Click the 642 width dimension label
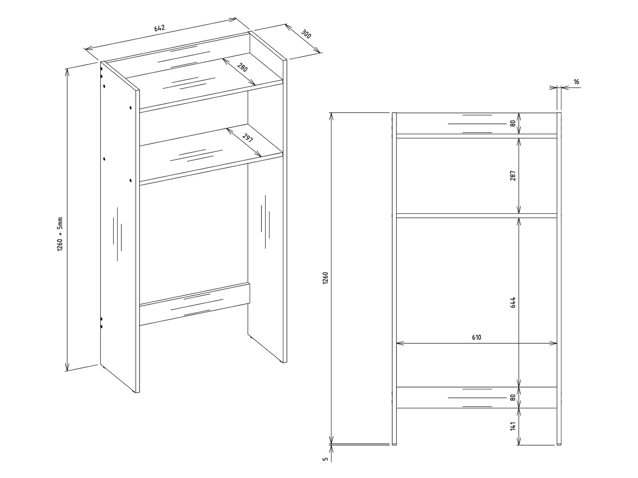159,28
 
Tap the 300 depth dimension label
306,34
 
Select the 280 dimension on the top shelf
242,68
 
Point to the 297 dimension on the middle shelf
248,138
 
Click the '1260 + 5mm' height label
60,234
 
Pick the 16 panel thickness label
576,82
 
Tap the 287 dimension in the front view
513,176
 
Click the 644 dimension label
513,302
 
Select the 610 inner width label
476,337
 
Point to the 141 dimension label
513,426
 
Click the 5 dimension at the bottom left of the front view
325,459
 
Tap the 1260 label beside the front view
325,278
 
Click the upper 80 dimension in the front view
513,124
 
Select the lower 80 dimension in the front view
513,398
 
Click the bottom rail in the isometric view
195,304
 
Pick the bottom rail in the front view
477,398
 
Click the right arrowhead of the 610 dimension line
553,343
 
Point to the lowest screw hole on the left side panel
101,327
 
